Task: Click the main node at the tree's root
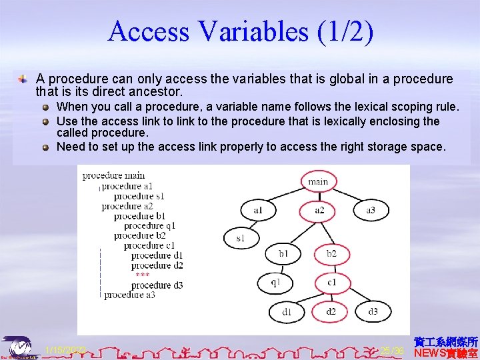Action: tap(318, 181)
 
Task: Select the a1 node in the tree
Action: tap(258, 211)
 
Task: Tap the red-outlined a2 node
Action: tap(319, 211)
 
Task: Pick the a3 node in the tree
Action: tap(371, 211)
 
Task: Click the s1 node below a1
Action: tap(239, 237)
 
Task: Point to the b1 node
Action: tap(284, 253)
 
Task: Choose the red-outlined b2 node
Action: tap(331, 253)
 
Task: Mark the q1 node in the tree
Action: tap(275, 282)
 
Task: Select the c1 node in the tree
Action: tap(331, 282)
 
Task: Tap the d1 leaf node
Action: tap(287, 311)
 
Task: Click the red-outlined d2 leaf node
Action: tap(331, 311)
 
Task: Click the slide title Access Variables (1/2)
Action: tap(240, 31)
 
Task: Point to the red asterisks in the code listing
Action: tap(142, 275)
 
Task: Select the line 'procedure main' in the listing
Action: tap(113, 176)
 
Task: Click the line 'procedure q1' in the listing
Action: tap(148, 225)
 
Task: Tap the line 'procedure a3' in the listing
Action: tap(129, 295)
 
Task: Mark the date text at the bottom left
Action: tap(65, 350)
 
